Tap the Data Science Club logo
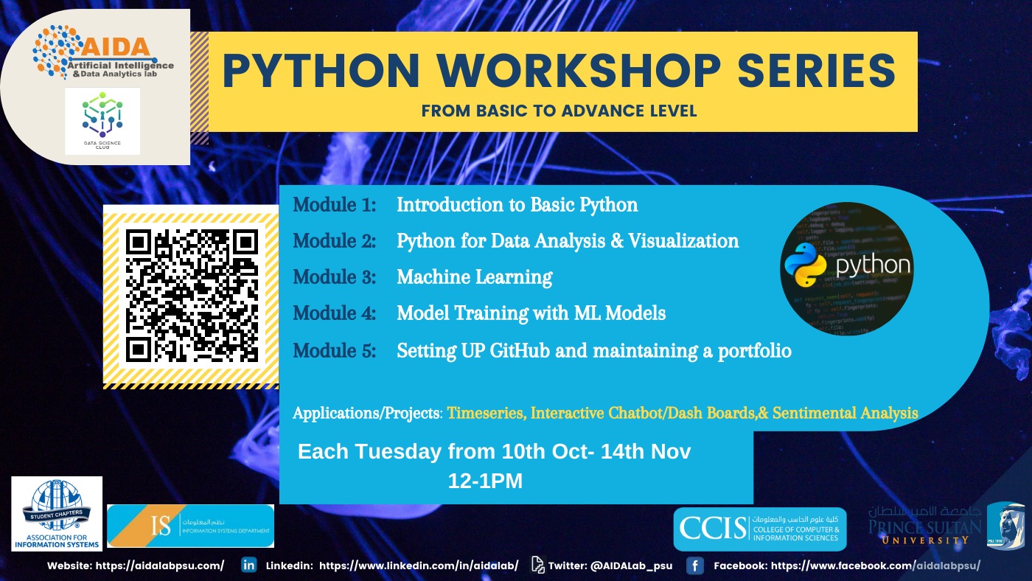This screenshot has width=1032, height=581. [x=102, y=121]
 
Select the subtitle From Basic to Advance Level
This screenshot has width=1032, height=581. [x=559, y=111]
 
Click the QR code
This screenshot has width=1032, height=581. [x=191, y=296]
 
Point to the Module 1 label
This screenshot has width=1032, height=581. [x=335, y=205]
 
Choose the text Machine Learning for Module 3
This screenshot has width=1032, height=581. [x=475, y=277]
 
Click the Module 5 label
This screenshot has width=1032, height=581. [x=335, y=351]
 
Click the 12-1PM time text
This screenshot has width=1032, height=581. [x=485, y=481]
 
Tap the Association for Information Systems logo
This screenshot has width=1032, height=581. [x=57, y=513]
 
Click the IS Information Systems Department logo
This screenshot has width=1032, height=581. [x=190, y=526]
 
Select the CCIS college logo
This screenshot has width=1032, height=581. [x=760, y=529]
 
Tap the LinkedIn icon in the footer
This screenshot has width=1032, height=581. [x=249, y=566]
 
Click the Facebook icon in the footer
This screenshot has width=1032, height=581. [x=694, y=566]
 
